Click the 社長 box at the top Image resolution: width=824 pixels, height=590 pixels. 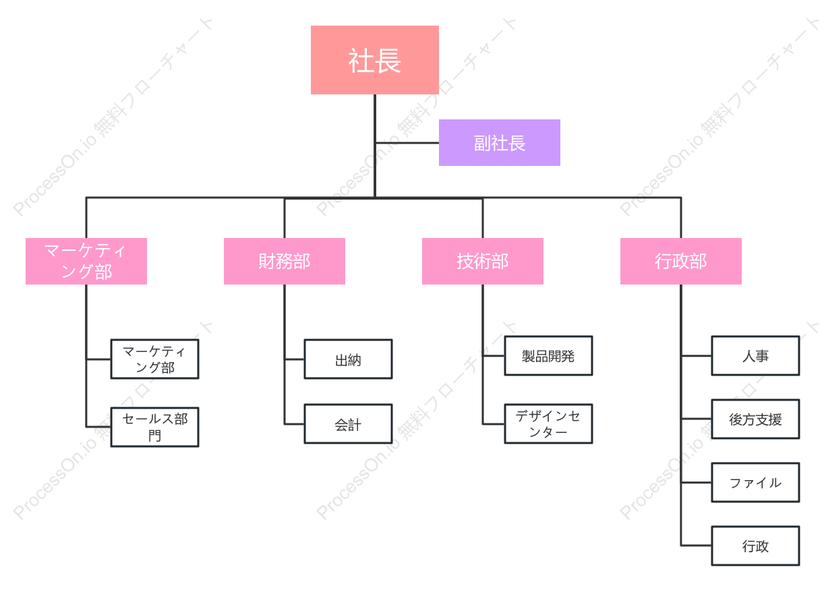(x=374, y=60)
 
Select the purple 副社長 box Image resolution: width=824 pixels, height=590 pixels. (x=499, y=143)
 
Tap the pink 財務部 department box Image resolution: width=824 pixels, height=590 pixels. (x=285, y=261)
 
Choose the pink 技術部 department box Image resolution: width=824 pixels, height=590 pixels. (x=483, y=261)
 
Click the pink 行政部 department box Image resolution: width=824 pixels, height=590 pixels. (x=681, y=261)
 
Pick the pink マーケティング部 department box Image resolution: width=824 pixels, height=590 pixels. (x=86, y=261)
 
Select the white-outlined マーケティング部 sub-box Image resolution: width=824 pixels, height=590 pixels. (x=155, y=359)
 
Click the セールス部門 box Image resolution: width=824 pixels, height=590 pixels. (x=155, y=427)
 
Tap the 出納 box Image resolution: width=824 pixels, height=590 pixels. (x=348, y=359)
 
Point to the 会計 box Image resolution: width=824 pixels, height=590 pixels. (x=348, y=423)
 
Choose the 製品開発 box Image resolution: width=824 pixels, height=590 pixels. (x=548, y=356)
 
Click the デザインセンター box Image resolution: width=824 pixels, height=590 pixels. (x=548, y=423)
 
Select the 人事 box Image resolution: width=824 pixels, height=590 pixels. (x=756, y=356)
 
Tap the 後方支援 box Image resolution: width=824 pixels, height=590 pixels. (x=756, y=419)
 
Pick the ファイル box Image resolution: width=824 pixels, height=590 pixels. (x=756, y=482)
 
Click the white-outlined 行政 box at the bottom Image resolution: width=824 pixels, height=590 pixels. (x=756, y=546)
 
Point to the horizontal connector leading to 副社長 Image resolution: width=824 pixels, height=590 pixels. (x=407, y=143)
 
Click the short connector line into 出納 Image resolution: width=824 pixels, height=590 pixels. (x=294, y=359)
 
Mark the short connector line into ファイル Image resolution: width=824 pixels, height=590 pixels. (x=697, y=482)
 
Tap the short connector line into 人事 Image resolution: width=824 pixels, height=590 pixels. (x=697, y=356)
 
